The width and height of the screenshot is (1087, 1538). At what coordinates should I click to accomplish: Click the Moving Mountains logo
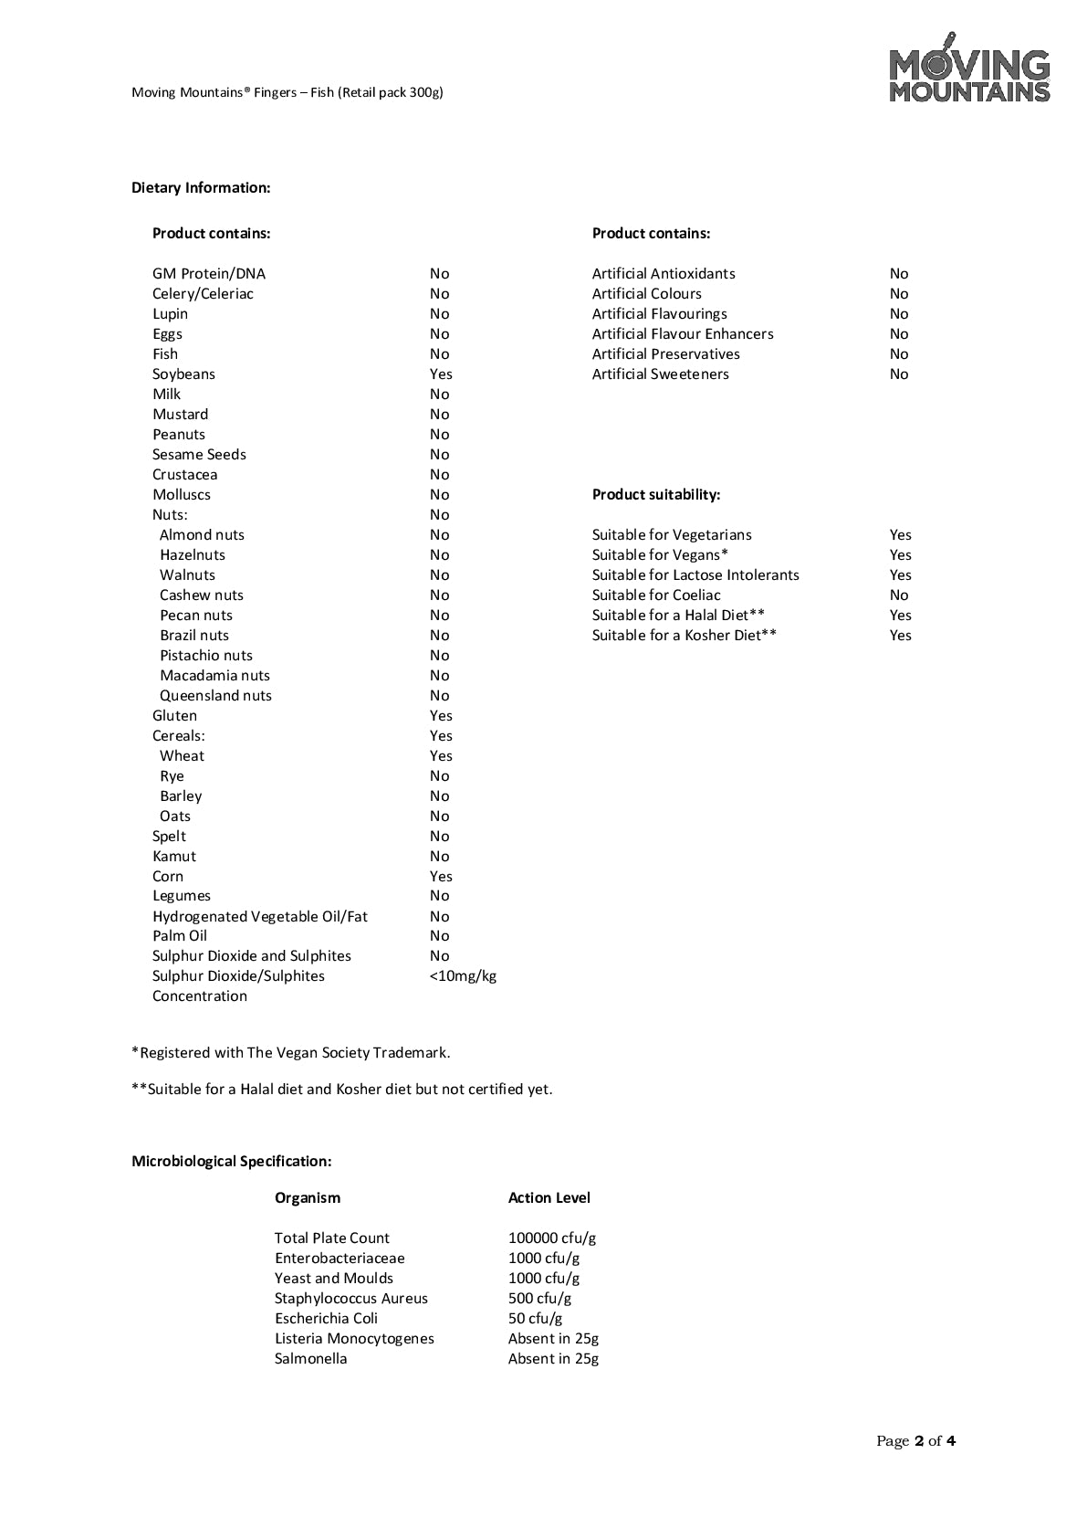point(969,68)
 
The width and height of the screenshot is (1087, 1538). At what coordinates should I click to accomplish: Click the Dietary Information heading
point(201,188)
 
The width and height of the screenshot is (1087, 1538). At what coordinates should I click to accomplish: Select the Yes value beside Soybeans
point(441,374)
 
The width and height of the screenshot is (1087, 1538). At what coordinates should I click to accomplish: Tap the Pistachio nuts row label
point(206,656)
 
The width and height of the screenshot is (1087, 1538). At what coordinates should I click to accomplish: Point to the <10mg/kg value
point(463,976)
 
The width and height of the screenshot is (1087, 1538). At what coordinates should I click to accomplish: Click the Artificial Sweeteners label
point(660,374)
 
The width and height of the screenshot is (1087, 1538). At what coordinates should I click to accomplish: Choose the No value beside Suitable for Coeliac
point(899,595)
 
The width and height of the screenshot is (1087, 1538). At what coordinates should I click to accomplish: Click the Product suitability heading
point(655,495)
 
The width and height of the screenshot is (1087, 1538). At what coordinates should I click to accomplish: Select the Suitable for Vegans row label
point(660,555)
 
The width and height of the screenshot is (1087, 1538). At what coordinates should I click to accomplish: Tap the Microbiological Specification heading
point(231,1162)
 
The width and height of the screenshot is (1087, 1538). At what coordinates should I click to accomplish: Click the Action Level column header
point(549,1198)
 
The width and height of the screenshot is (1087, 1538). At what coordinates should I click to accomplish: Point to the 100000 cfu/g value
point(551,1238)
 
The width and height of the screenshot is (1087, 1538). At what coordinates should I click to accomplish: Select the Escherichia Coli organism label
point(326,1319)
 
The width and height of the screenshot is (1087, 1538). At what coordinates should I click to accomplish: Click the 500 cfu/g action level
point(539,1299)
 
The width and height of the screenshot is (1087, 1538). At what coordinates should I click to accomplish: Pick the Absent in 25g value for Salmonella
point(553,1359)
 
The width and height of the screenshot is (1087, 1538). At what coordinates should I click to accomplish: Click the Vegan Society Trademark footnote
point(291,1053)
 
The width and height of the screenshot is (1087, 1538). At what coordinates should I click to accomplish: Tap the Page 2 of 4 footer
point(915,1441)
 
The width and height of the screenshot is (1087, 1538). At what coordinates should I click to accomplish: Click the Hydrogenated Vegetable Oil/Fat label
point(259,917)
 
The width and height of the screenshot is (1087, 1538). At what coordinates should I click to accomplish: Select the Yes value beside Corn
point(441,877)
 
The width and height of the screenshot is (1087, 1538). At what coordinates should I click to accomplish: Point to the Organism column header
point(307,1198)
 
